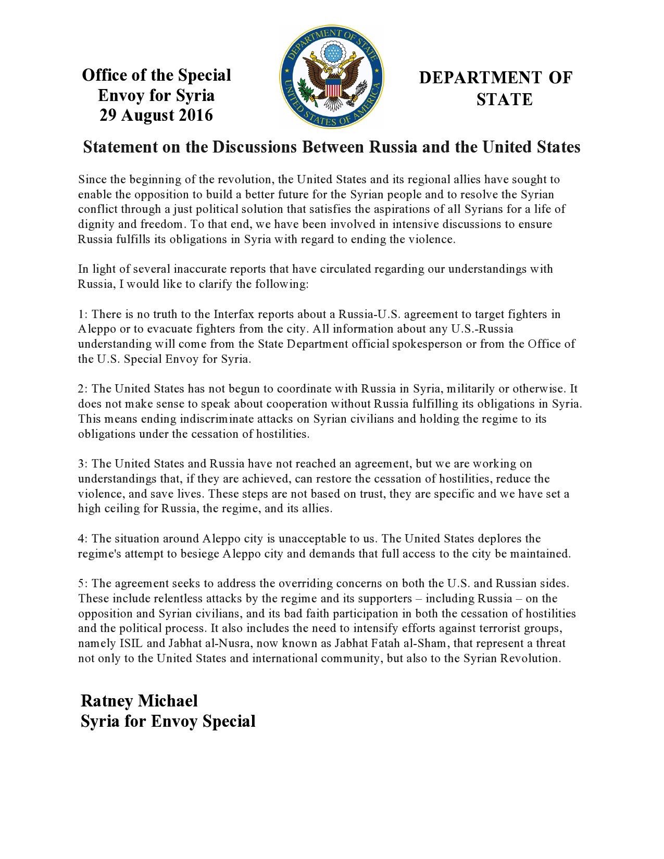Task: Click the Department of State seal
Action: click(x=332, y=78)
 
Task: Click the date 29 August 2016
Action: click(x=156, y=115)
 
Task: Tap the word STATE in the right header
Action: click(x=504, y=99)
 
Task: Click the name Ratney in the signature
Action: click(x=107, y=701)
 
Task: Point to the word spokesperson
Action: click(x=443, y=344)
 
